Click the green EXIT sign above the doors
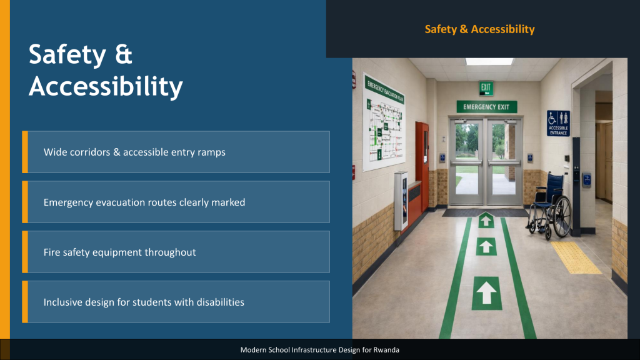coord(486,87)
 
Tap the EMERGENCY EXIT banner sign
coord(486,107)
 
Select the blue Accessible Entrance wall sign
coord(558,123)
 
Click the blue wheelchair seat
coord(544,203)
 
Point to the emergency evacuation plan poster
coord(384,122)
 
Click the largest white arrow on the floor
coord(486,293)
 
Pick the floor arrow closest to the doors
coord(486,221)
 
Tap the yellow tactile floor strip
coord(576,257)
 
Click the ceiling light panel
coord(489,62)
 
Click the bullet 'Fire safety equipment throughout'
coord(119,252)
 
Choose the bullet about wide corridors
coord(134,152)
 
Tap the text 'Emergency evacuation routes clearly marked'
coord(144,202)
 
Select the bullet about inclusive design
coord(144,302)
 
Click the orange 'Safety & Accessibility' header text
coord(479,29)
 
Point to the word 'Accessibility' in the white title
coord(106,87)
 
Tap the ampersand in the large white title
coord(123,55)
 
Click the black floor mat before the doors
coord(486,212)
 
